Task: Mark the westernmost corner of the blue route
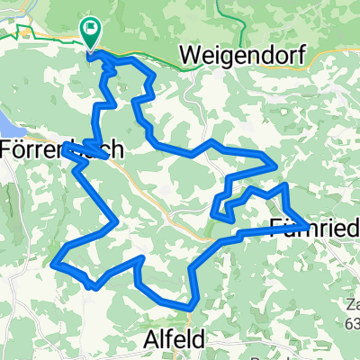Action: click(55, 263)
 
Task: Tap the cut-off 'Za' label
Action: click(351, 304)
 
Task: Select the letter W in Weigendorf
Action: click(189, 55)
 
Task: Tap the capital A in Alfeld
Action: click(151, 337)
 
